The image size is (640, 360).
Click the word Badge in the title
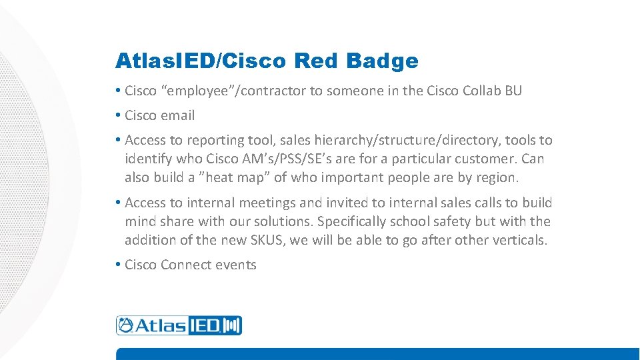[x=383, y=61]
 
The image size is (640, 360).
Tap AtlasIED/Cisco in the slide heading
[x=201, y=61]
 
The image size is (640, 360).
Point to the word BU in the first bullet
[x=513, y=91]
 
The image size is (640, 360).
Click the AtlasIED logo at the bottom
[x=179, y=325]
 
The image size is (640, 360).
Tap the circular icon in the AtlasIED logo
[x=125, y=325]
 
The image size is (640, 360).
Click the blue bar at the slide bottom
[x=377, y=354]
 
